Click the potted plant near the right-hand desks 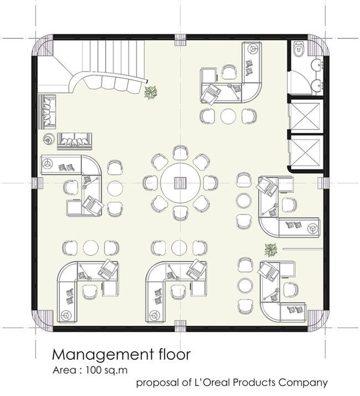point(271,250)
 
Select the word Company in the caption point(304,382)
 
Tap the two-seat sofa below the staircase point(73,140)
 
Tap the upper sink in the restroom point(318,63)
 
